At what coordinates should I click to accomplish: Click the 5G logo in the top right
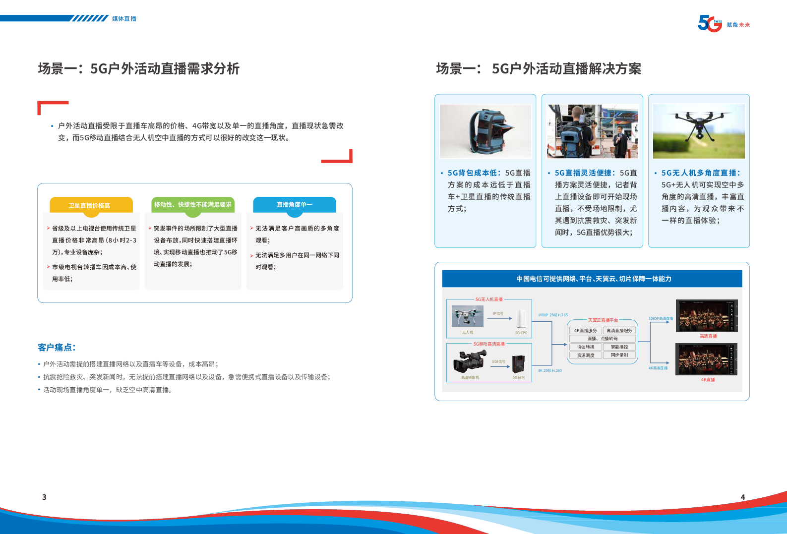tap(710, 24)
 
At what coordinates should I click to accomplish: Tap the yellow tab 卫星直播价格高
tap(90, 205)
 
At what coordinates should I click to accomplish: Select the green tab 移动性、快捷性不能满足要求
tap(192, 204)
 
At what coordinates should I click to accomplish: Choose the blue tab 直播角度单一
tap(294, 204)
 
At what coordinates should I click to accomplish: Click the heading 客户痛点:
tap(57, 347)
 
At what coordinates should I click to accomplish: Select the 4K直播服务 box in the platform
tap(585, 330)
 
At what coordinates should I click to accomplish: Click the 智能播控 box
tap(619, 347)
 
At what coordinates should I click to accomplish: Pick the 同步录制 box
tap(619, 355)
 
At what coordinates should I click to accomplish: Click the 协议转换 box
tap(585, 347)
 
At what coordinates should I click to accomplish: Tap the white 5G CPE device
tap(521, 319)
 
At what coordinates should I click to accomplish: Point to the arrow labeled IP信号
tap(498, 318)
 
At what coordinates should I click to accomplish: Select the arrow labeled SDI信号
tap(498, 366)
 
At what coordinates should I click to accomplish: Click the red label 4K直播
tap(708, 380)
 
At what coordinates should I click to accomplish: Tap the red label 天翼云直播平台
tap(603, 320)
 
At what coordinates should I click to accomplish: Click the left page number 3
tap(44, 497)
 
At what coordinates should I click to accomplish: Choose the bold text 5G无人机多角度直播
tap(700, 173)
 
